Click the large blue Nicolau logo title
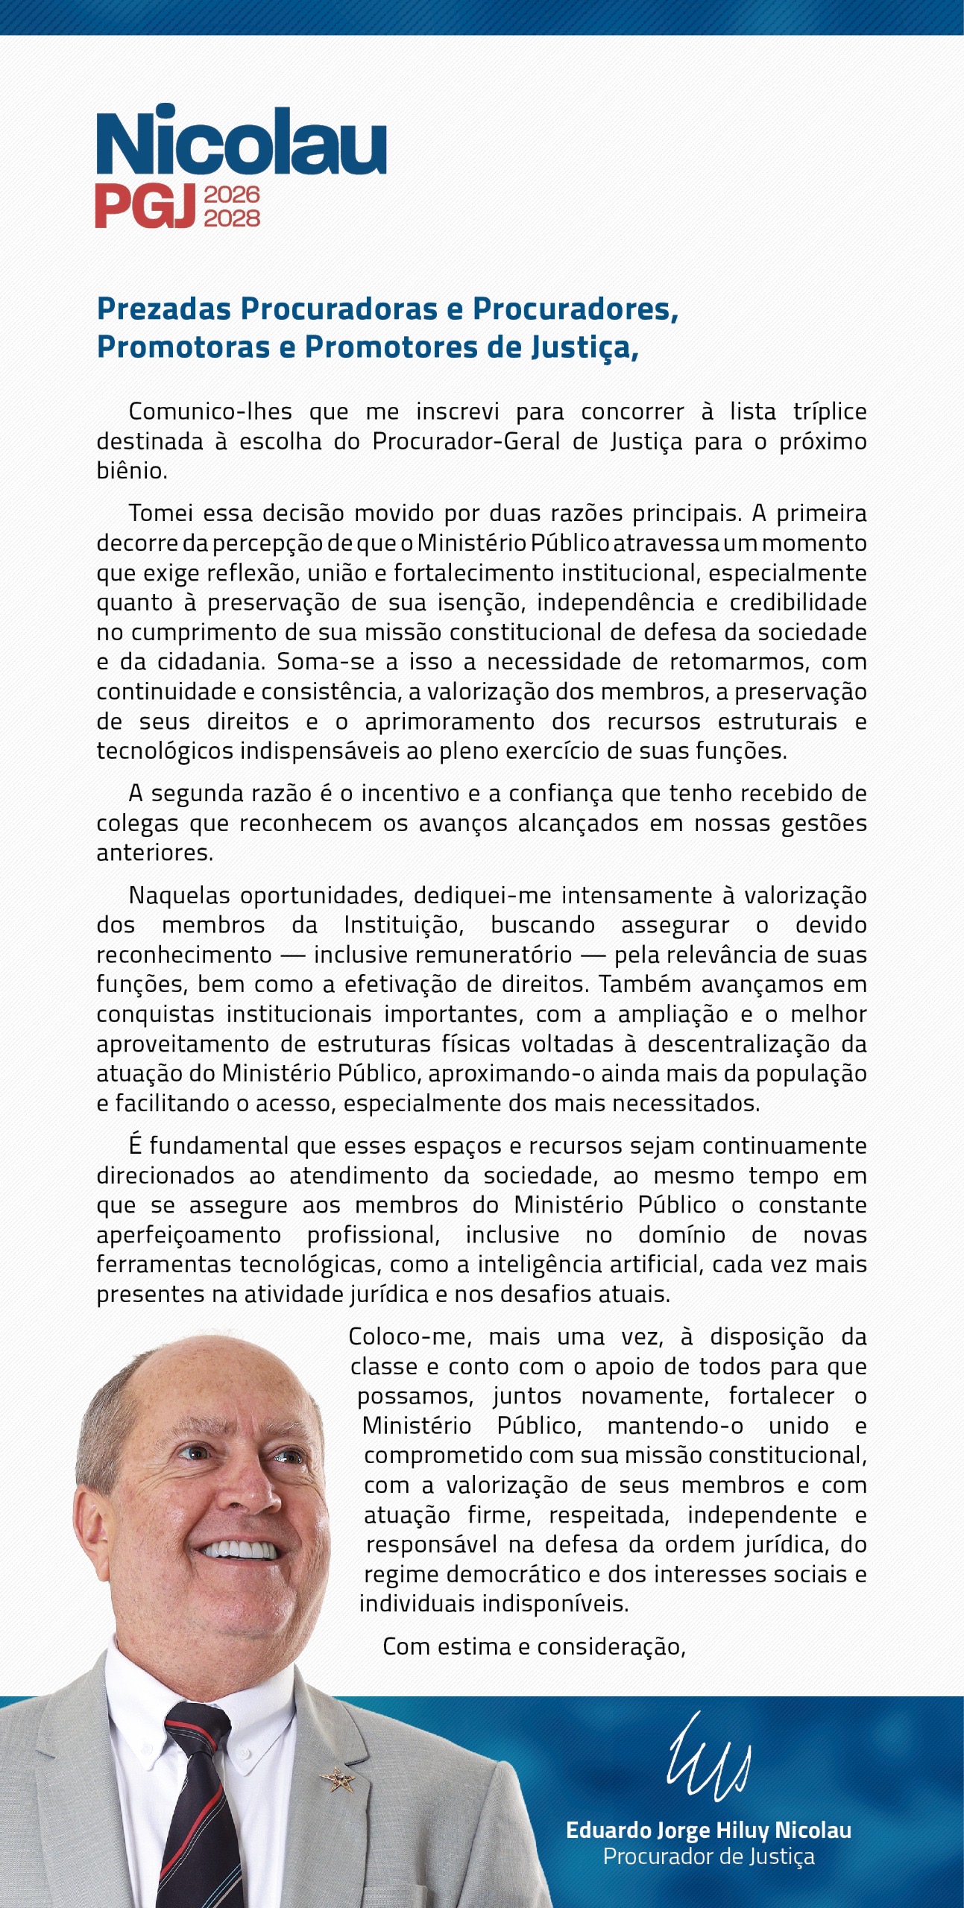coord(241,141)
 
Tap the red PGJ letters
coord(145,206)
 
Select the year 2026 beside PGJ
coord(232,195)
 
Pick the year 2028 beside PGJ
coord(232,218)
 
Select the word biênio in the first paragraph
coord(131,471)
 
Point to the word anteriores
coord(154,853)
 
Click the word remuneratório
coord(443,955)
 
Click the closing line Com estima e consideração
coord(534,1646)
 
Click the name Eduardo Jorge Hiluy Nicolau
coord(708,1830)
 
